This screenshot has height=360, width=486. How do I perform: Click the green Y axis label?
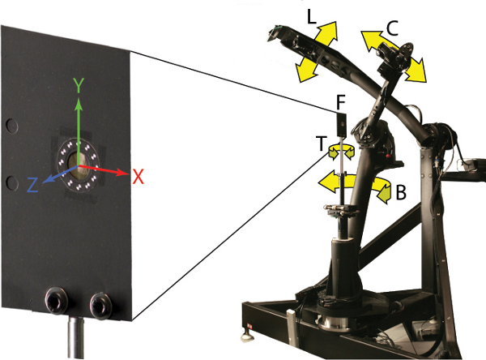pos(79,85)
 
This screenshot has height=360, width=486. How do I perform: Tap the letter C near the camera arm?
pos(392,28)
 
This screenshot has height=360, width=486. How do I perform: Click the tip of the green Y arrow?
pos(79,102)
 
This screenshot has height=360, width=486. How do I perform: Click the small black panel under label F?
pos(342,124)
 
